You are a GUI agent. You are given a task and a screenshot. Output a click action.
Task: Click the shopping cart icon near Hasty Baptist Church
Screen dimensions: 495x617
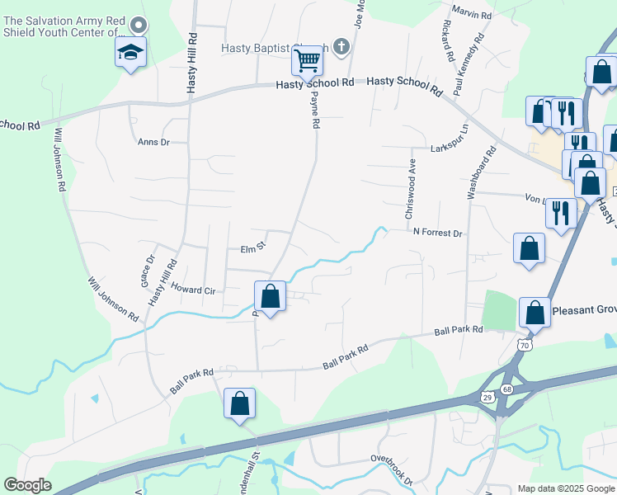pos(307,59)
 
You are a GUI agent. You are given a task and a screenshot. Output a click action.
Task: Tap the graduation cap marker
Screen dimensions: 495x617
pos(131,52)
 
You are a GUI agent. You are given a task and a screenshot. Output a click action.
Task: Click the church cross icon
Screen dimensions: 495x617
pos(342,48)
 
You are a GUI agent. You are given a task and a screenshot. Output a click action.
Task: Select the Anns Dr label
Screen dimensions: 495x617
pos(153,142)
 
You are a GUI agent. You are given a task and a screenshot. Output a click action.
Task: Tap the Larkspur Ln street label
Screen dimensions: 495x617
pos(449,148)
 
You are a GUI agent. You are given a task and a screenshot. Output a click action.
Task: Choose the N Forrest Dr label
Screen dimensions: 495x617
pos(437,233)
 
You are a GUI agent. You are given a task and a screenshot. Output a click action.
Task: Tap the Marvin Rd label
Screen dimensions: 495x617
pos(473,15)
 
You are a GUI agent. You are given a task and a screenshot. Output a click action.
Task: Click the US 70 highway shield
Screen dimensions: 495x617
pos(523,344)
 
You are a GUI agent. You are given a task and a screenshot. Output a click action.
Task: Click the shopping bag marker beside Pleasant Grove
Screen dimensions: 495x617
pos(535,313)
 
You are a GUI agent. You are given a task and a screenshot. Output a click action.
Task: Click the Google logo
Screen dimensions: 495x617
pos(27,485)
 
